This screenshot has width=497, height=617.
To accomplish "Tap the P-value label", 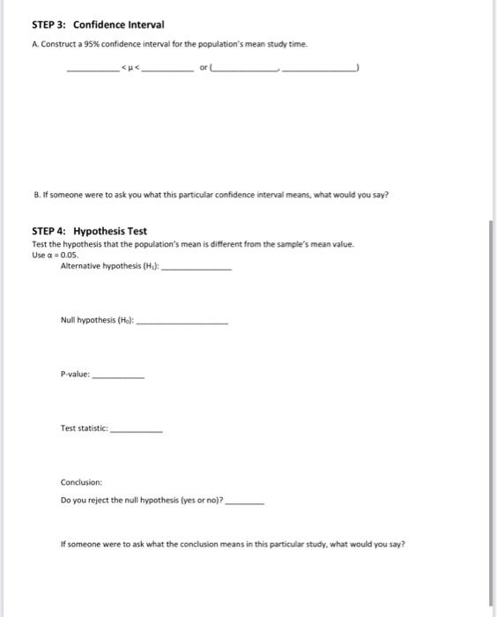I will (x=75, y=375).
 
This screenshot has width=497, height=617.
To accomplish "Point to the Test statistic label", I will (x=84, y=428).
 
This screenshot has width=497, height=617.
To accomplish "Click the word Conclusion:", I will (x=81, y=482).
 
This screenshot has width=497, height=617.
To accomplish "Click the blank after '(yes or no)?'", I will (x=245, y=501).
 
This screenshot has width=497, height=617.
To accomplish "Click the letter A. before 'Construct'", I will (x=36, y=43).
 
